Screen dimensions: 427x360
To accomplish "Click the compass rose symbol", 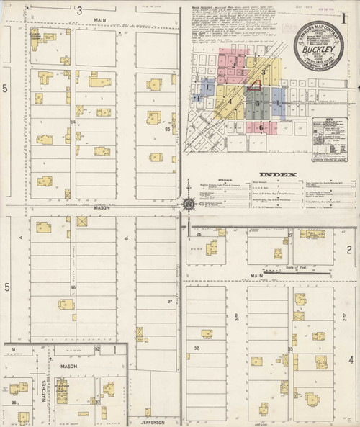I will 188,206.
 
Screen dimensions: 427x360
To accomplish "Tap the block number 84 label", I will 73,122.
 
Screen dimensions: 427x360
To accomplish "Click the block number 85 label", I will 167,130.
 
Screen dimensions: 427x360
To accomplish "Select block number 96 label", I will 73,287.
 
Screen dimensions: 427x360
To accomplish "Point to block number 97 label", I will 170,301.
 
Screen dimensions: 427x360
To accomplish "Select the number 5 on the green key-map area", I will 257,104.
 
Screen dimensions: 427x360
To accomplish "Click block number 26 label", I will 197,235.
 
